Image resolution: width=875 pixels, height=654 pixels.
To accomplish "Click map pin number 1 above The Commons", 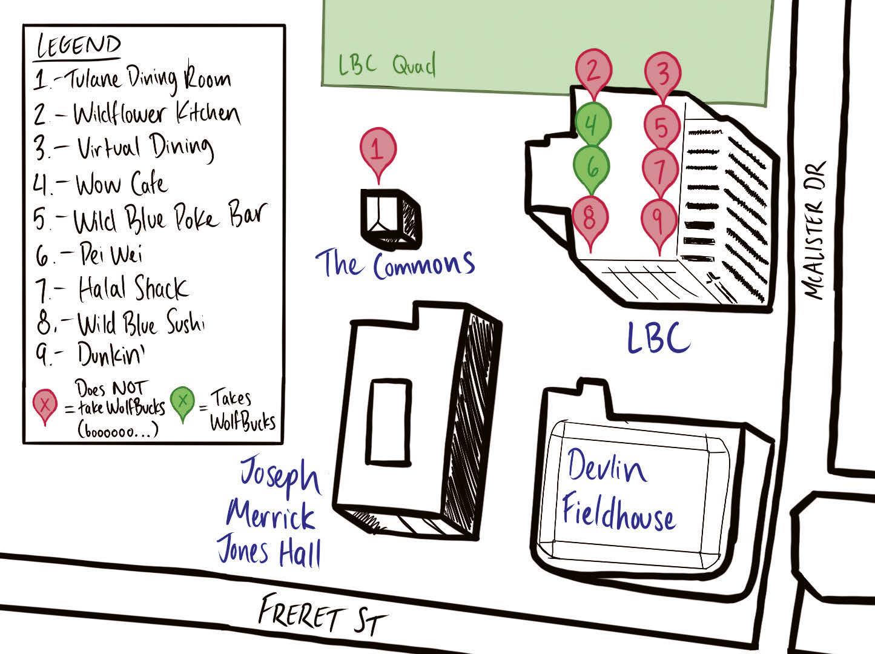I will [378, 148].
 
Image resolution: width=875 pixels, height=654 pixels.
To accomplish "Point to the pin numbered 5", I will [661, 127].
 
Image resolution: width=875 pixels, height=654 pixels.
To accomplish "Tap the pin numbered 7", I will [660, 168].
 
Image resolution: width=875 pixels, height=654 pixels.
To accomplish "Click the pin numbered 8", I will [590, 216].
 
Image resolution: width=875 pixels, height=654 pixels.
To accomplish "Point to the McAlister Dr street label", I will [816, 231].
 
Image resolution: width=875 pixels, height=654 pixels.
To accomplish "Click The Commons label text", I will [395, 264].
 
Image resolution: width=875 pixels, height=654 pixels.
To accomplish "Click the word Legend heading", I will [78, 46].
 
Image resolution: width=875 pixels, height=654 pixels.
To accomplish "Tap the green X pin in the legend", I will [182, 401].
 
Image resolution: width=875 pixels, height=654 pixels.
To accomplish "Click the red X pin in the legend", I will [45, 405].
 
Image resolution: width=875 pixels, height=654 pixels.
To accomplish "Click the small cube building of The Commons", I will [391, 218].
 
